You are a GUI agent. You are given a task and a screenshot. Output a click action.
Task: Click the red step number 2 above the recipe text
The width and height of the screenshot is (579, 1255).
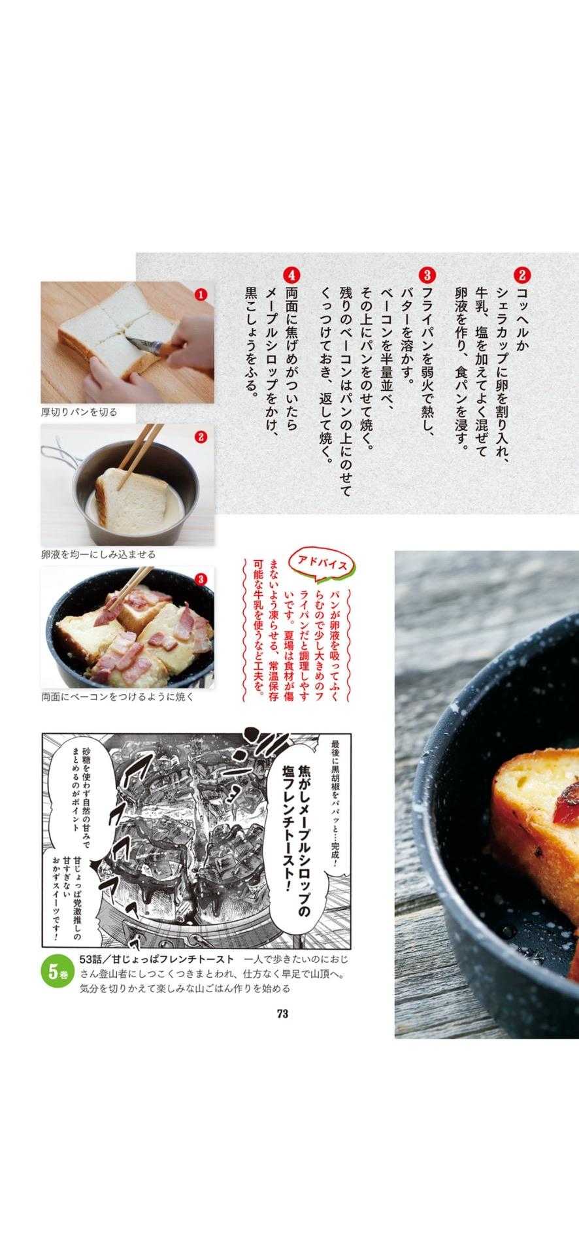[x=523, y=275]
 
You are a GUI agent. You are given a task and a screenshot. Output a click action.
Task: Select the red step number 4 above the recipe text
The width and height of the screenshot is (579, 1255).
[x=291, y=275]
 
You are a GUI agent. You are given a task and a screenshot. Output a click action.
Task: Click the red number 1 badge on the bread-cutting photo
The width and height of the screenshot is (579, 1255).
[x=201, y=295]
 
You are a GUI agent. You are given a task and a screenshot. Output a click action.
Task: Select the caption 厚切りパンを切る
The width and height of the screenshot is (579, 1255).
[x=79, y=412]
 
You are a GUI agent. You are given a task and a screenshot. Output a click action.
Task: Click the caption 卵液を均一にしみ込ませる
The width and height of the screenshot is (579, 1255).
[x=98, y=554]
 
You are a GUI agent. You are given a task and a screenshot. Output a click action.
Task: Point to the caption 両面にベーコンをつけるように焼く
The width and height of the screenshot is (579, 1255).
[x=118, y=697]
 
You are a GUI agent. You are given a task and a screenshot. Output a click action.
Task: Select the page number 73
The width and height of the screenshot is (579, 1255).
[x=282, y=1014]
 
